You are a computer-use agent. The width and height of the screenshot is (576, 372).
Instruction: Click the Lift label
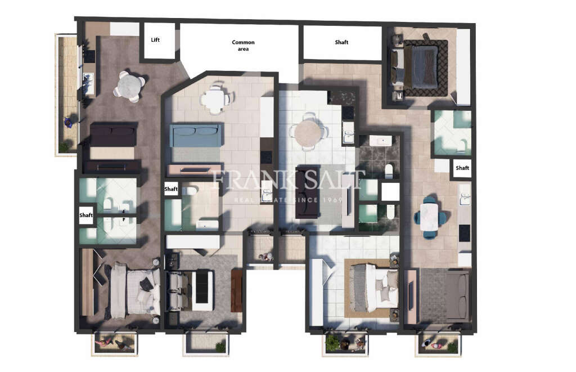tap(156, 40)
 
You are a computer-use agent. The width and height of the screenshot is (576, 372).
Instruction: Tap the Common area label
tap(243, 46)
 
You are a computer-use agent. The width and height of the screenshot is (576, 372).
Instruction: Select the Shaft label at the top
tap(341, 42)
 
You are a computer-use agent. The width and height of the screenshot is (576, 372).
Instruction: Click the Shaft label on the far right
tap(462, 168)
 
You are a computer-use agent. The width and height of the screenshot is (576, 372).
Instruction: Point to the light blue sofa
tap(196, 135)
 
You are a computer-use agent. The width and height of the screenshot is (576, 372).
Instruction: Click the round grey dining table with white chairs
tap(129, 86)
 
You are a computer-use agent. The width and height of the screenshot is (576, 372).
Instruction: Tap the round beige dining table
tap(308, 133)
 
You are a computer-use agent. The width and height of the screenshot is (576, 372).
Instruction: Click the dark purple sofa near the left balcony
tap(114, 135)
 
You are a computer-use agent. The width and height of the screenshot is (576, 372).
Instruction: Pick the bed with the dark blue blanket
tap(421, 66)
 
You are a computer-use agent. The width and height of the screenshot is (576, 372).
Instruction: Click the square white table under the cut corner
tap(214, 100)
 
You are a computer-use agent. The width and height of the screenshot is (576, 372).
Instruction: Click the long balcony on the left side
tap(67, 94)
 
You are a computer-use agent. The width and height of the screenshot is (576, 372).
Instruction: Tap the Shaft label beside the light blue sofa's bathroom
tap(171, 190)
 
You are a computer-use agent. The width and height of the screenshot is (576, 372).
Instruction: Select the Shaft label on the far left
tap(86, 215)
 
